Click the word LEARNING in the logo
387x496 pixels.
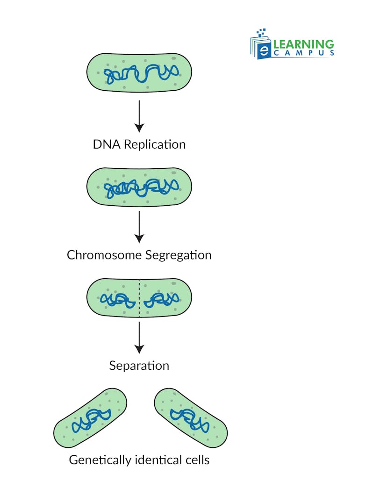303,44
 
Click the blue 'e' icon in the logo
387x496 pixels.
264,50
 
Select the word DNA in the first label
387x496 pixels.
104,144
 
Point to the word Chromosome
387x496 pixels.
104,255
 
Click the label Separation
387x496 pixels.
139,365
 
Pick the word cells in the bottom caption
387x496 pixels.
197,460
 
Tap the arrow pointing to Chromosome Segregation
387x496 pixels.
139,226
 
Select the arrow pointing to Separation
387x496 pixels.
139,336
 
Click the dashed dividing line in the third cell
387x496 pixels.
139,298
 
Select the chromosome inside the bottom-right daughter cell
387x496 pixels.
189,419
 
